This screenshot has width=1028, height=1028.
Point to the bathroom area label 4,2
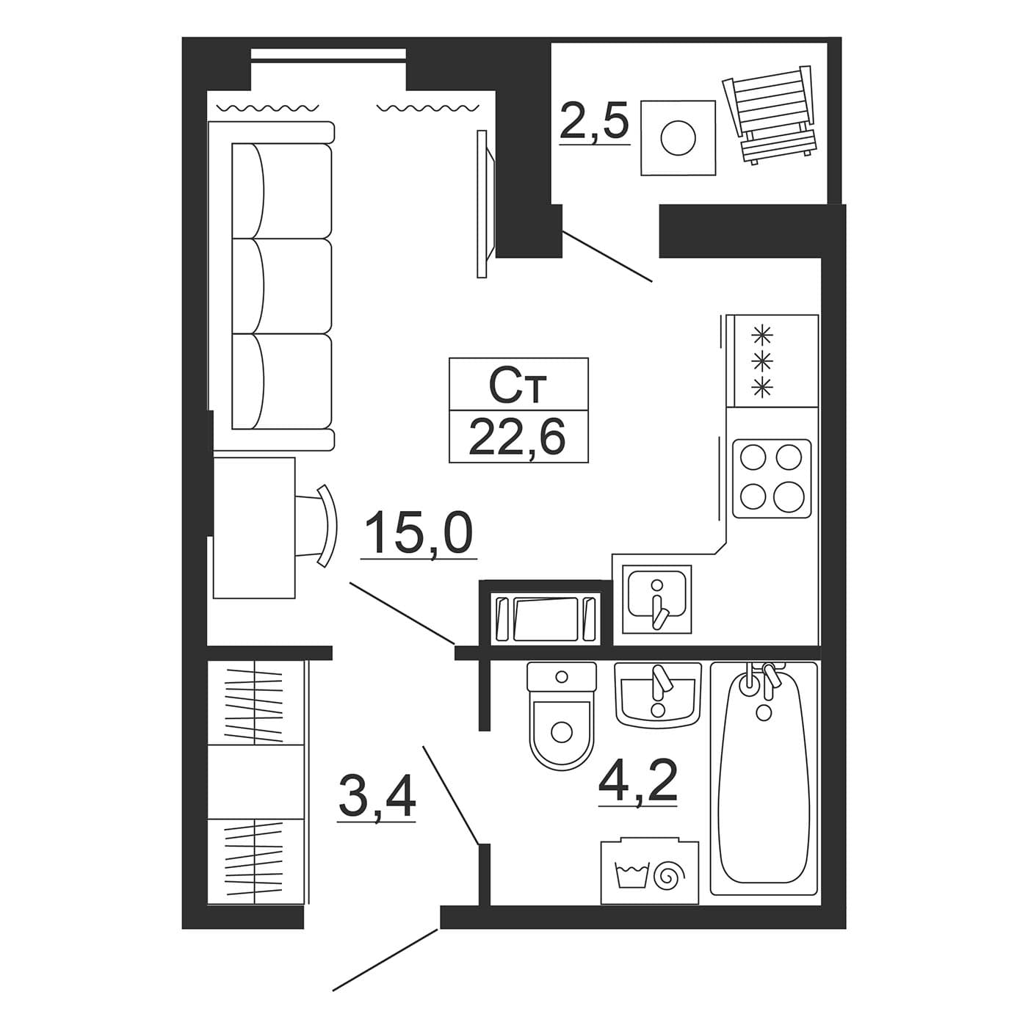coord(637,780)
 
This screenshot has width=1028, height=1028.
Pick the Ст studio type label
coord(518,385)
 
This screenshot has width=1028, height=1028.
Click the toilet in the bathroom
coord(561,715)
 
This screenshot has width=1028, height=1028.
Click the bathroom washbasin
coord(657,693)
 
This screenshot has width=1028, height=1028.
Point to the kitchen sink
coord(656,599)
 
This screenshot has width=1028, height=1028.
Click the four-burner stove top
coord(772,478)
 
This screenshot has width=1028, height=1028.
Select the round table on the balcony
coord(678,137)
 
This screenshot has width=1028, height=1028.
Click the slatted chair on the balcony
coord(768,114)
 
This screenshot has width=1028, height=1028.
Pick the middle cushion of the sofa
coord(282,286)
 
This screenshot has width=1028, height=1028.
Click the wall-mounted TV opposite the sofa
coord(485,204)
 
